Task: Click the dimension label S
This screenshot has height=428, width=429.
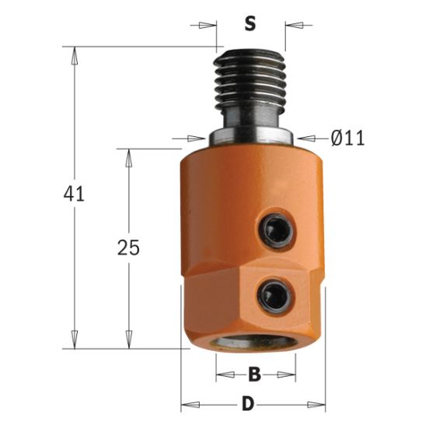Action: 249,23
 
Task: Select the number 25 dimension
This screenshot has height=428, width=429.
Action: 128,248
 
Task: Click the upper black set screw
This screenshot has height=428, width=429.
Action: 273,229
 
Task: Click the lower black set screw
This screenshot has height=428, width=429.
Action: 273,294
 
